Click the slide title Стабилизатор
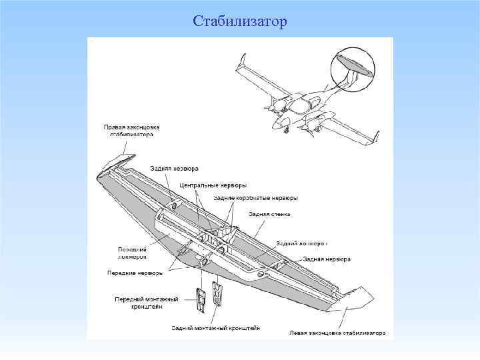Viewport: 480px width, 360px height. coord(240,22)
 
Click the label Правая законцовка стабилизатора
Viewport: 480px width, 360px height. coord(131,130)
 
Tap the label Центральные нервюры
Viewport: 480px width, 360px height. coord(218,185)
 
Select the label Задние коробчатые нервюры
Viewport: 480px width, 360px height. coord(255,198)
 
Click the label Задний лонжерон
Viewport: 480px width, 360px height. coord(301,243)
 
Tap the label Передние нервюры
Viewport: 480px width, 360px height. coord(135,273)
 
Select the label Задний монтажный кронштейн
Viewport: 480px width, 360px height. coord(215,328)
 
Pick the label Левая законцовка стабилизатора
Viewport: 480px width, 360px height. coord(337,332)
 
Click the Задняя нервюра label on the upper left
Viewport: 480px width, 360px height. coord(169,169)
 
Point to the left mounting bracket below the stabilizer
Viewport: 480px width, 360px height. coord(201,298)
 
